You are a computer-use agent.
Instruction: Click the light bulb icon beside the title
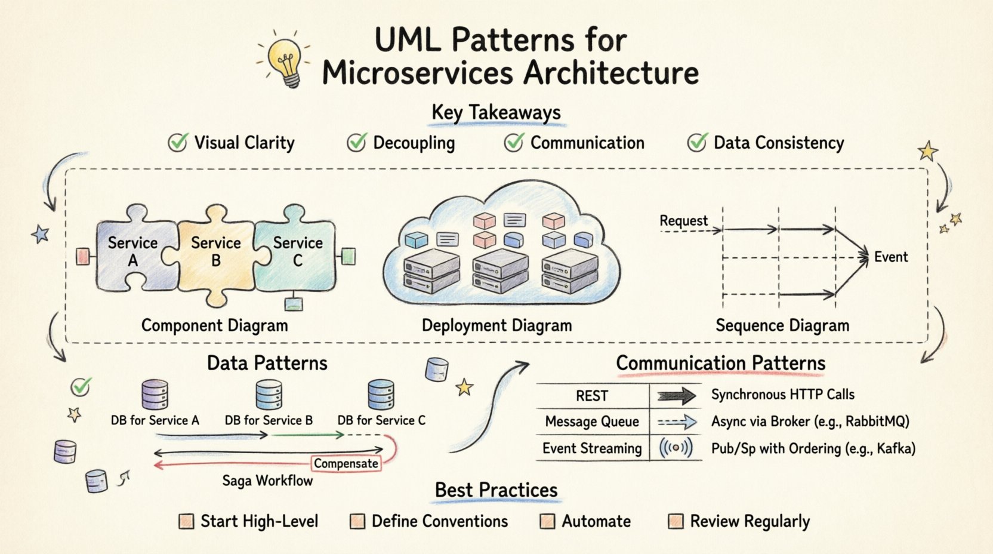[286, 60]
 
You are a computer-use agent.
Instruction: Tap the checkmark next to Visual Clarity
[177, 143]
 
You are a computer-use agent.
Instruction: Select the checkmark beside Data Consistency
[696, 143]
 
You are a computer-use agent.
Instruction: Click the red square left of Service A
[83, 257]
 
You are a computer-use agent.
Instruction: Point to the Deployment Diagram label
[496, 325]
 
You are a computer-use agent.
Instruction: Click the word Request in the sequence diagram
[683, 221]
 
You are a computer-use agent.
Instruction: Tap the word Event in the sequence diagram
[890, 257]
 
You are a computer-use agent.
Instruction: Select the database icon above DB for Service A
[155, 395]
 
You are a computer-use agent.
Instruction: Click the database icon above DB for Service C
[381, 395]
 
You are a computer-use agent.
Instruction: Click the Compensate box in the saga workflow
[346, 463]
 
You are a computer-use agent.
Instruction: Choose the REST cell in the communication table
[591, 396]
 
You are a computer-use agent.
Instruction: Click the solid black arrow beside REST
[676, 396]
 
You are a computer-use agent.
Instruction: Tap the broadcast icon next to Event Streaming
[676, 448]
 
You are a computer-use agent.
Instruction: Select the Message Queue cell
[591, 421]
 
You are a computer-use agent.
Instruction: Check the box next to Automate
[547, 521]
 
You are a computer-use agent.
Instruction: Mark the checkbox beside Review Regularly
[676, 521]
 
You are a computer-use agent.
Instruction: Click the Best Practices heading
[496, 490]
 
